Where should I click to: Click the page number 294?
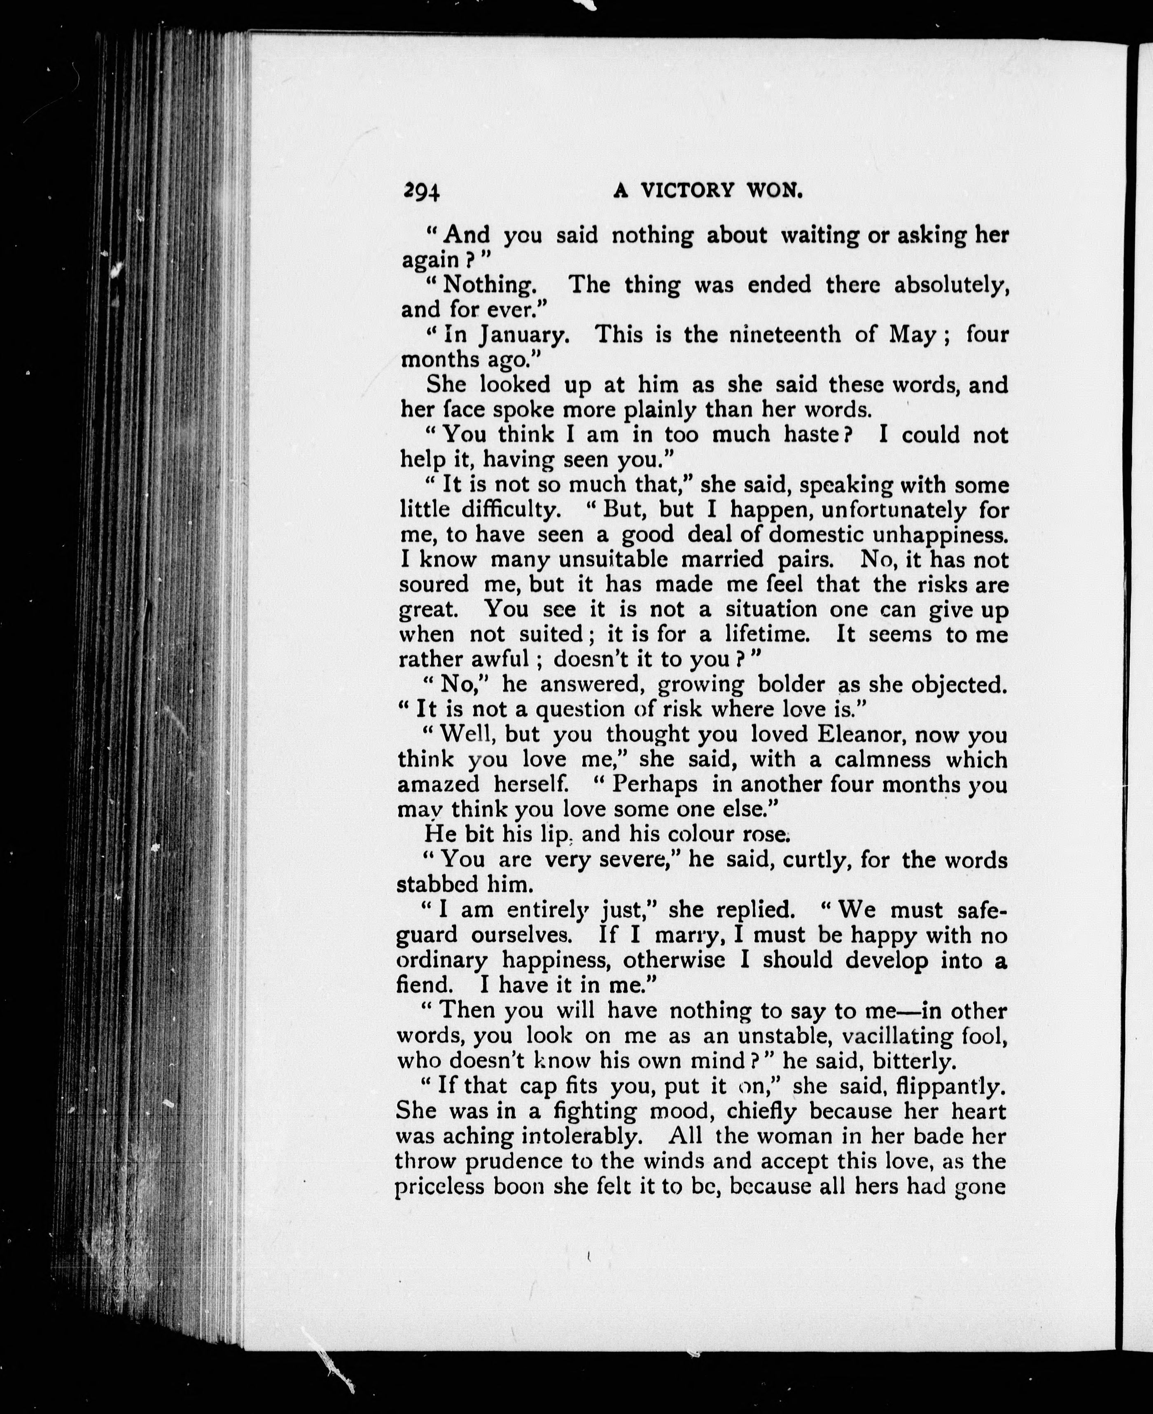[x=421, y=191]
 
